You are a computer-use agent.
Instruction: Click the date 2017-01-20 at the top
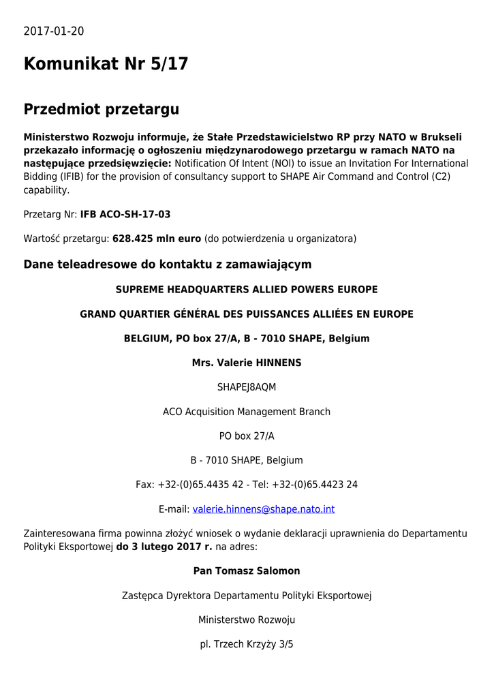coord(54,31)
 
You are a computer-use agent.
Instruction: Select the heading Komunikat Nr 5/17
coord(106,64)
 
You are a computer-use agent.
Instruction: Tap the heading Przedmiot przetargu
coord(101,109)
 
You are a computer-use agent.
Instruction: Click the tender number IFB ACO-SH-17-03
coord(125,214)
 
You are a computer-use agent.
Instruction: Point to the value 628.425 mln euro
coord(157,239)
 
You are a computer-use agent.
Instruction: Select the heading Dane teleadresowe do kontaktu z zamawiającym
coord(167,264)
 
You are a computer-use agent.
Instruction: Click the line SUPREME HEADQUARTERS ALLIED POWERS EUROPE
coord(247,290)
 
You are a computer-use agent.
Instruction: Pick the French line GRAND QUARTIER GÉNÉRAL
coord(247,314)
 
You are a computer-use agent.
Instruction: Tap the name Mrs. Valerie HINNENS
coord(247,363)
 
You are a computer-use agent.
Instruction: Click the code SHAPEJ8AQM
coord(247,387)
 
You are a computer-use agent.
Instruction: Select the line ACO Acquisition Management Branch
coord(247,412)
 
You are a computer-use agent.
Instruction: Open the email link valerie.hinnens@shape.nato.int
coord(264,509)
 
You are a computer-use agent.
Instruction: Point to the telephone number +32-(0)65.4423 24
coord(315,485)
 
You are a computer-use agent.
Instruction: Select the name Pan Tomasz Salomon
coord(247,571)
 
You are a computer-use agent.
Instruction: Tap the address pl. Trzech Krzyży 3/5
coord(247,644)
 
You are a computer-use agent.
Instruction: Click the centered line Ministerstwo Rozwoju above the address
coord(247,620)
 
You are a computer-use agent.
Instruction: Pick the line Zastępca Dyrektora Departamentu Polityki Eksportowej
coord(247,595)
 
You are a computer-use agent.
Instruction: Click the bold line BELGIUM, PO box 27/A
coord(247,338)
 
